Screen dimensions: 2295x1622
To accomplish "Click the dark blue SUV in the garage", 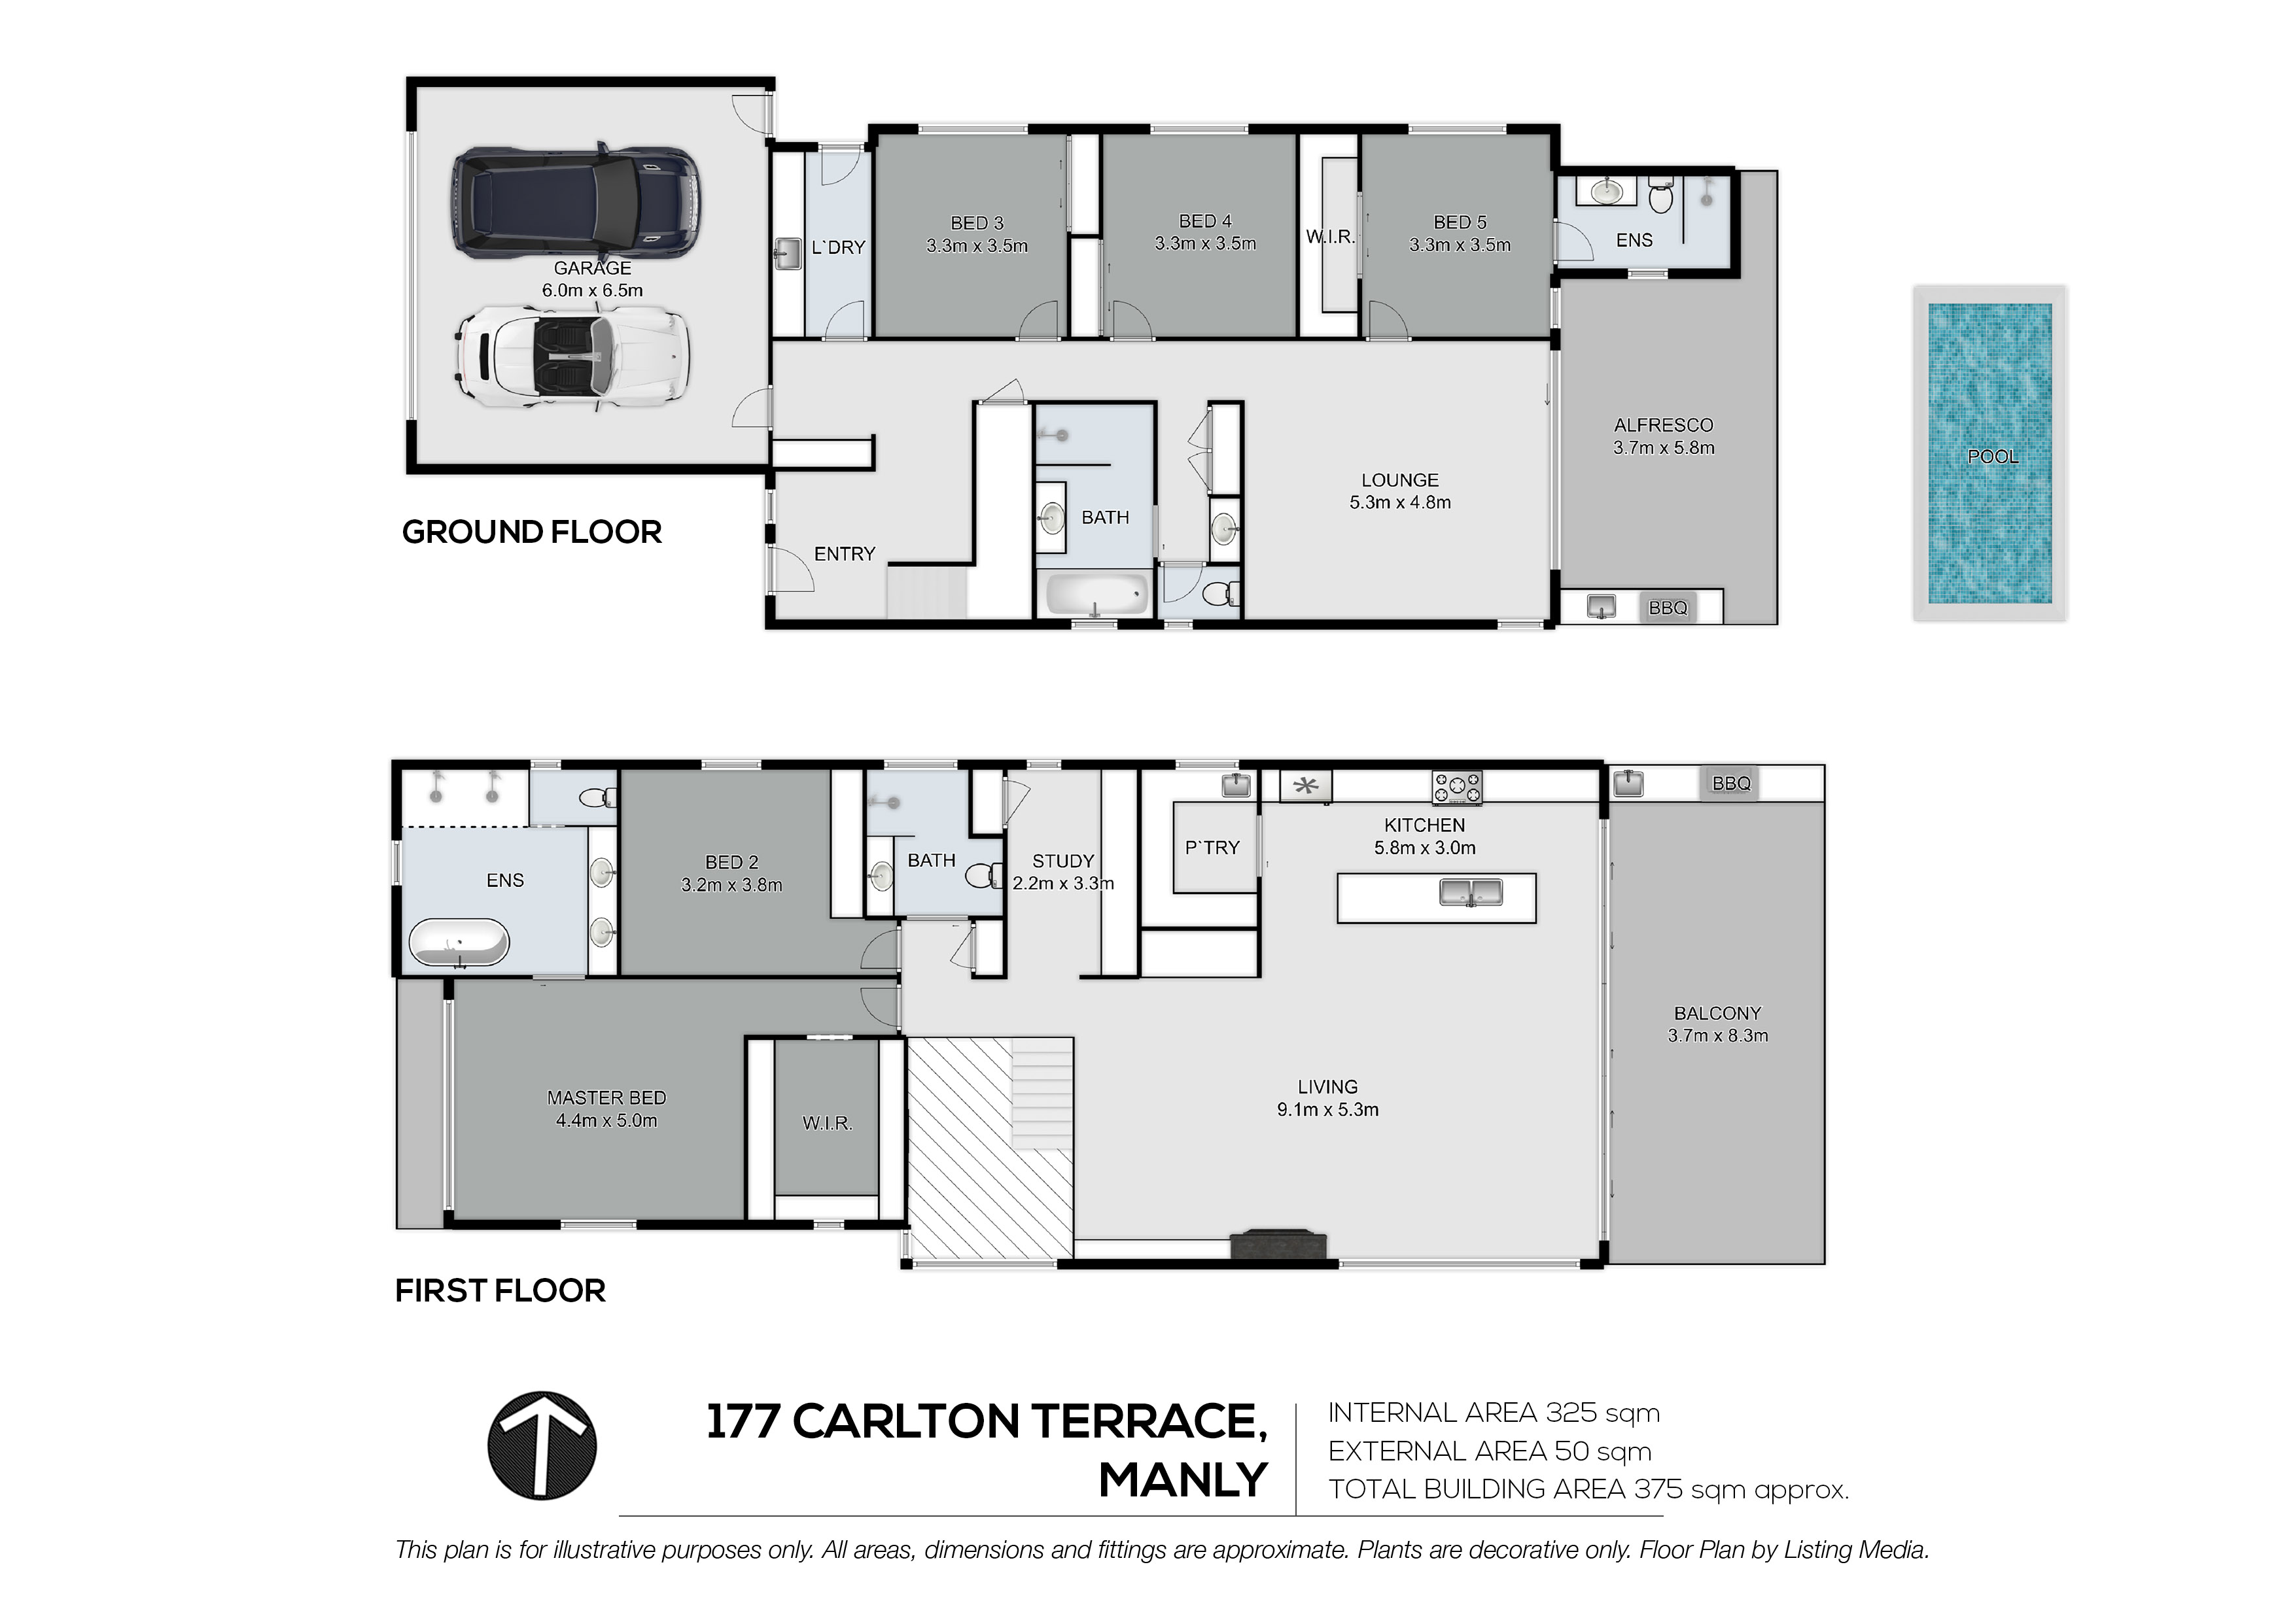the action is click(x=575, y=202).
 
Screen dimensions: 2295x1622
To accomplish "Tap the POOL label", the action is click(x=1992, y=457).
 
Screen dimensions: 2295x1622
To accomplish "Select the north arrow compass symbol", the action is click(x=542, y=1445).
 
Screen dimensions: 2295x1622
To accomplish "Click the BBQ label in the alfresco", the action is click(x=1667, y=608).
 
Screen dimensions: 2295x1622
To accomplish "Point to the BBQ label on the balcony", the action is click(x=1731, y=784).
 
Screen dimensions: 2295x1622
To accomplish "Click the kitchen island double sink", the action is click(x=1471, y=891).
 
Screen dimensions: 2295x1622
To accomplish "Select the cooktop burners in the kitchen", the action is click(x=1458, y=787).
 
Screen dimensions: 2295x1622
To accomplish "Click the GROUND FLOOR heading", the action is click(x=532, y=532).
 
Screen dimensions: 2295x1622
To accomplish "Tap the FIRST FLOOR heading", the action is click(x=500, y=1290).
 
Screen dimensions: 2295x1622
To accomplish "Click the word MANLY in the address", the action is click(x=1182, y=1480).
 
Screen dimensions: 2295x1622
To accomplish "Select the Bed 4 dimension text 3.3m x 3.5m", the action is click(x=1206, y=243).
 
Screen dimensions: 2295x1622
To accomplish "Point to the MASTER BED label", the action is click(x=606, y=1097).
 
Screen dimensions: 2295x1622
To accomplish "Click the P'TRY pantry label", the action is click(x=1212, y=848).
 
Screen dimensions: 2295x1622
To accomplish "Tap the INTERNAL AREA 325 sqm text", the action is click(x=1494, y=1413).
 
